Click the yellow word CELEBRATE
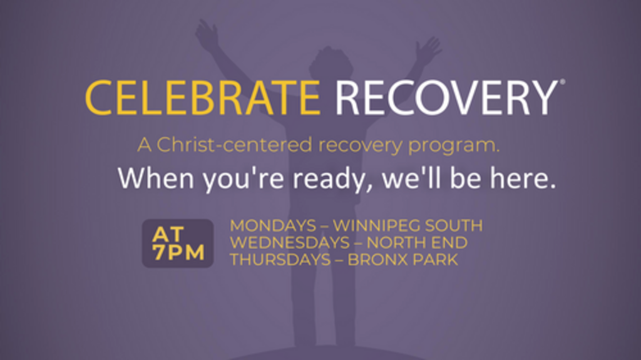[203, 98]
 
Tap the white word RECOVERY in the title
[446, 98]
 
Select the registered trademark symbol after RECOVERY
[563, 82]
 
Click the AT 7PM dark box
[178, 244]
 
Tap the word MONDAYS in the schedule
[273, 225]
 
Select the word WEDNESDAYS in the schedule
[290, 242]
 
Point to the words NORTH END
[417, 242]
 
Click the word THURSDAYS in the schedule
[280, 260]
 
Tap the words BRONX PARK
[403, 260]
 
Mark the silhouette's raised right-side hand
[428, 51]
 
